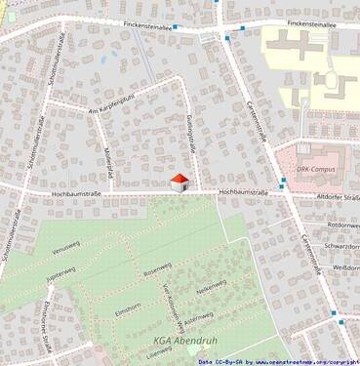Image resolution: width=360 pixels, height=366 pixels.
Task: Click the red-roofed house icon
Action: [180, 182]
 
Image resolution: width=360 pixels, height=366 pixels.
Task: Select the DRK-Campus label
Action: [318, 158]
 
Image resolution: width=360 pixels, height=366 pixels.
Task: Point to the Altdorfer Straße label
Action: [338, 198]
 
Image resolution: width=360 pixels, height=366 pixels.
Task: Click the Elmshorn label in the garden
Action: [130, 309]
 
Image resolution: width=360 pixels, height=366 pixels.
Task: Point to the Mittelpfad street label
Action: [109, 164]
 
